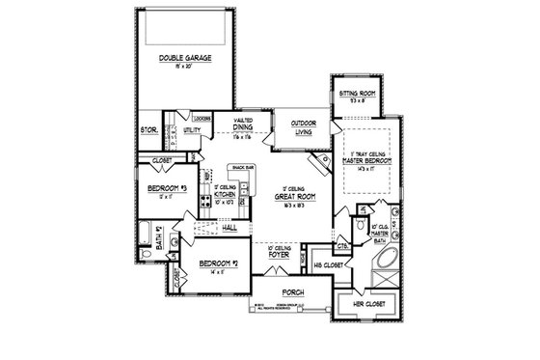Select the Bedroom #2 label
coord(219,263)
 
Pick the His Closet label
coord(329,262)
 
